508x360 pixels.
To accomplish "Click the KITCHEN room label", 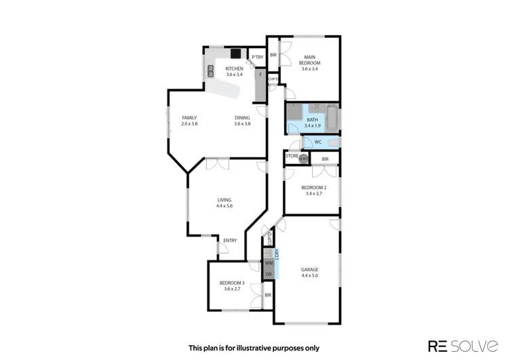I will (235, 69).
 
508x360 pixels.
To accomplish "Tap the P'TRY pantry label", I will (257, 58).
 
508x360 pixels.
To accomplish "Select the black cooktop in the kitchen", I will (235, 54).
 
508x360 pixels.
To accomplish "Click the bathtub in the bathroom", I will (332, 118).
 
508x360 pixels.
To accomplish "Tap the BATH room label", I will (311, 121).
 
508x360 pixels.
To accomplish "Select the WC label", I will (317, 142).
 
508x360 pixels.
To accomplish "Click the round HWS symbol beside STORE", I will (303, 159).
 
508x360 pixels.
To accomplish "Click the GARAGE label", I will (309, 269).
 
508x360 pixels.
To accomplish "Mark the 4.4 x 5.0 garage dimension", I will (309, 276).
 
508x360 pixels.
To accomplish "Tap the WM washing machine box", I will (269, 262).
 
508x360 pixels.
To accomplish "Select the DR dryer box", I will (269, 273).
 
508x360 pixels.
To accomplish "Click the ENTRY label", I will (230, 240).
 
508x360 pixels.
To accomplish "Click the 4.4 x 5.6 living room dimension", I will (224, 205).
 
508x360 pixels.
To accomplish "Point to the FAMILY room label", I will (189, 118).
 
